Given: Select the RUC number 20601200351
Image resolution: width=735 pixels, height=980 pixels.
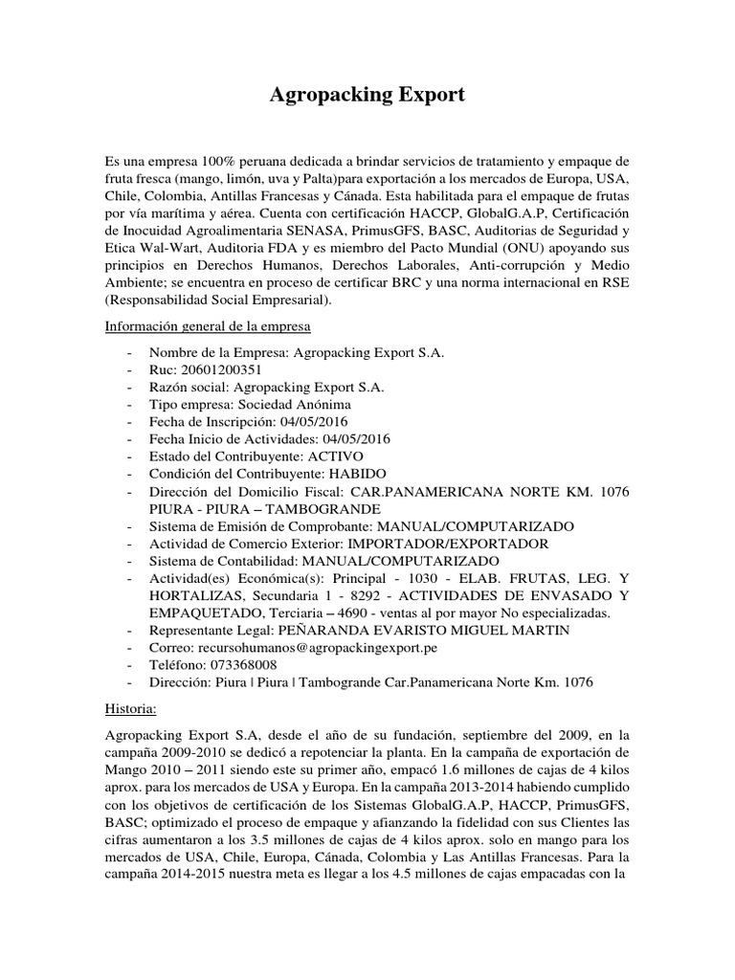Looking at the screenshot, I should click(219, 369).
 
